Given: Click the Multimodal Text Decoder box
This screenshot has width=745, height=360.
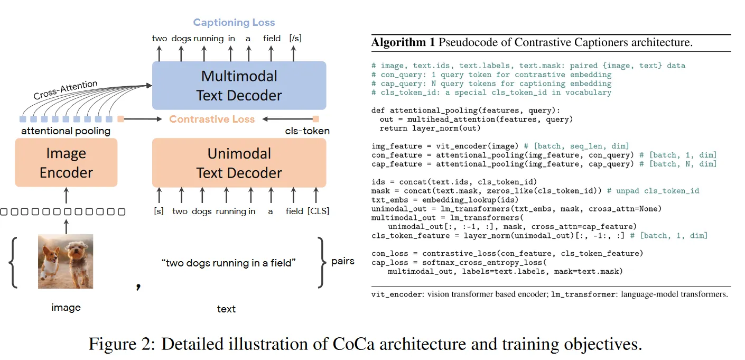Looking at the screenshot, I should coord(239,86).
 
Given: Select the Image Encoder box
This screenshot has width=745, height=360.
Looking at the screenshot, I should coord(66,163).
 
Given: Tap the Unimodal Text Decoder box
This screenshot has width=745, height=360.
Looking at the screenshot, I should coord(239,163).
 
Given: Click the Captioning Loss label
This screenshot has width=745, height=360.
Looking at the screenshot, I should coord(234,22).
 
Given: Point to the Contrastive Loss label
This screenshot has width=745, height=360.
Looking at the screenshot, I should coord(212,119).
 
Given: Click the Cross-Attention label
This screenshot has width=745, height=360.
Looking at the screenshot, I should coord(66,90).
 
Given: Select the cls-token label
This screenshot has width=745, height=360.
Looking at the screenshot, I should coord(307,131).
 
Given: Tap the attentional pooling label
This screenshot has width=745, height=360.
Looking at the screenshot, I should coord(66,131).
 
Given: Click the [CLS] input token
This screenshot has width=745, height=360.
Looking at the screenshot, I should coord(318,211).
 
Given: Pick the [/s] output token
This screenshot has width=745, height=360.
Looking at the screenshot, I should coord(295,38).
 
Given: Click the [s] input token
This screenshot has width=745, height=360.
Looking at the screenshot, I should coord(159,211).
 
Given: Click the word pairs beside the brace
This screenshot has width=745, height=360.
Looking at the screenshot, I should coord(342,261).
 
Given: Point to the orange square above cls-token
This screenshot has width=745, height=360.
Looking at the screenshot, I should coord(316,119).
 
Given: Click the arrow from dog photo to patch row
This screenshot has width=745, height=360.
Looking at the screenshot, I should coord(66,226).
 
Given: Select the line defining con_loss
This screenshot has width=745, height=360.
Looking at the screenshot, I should coord(507,254).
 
